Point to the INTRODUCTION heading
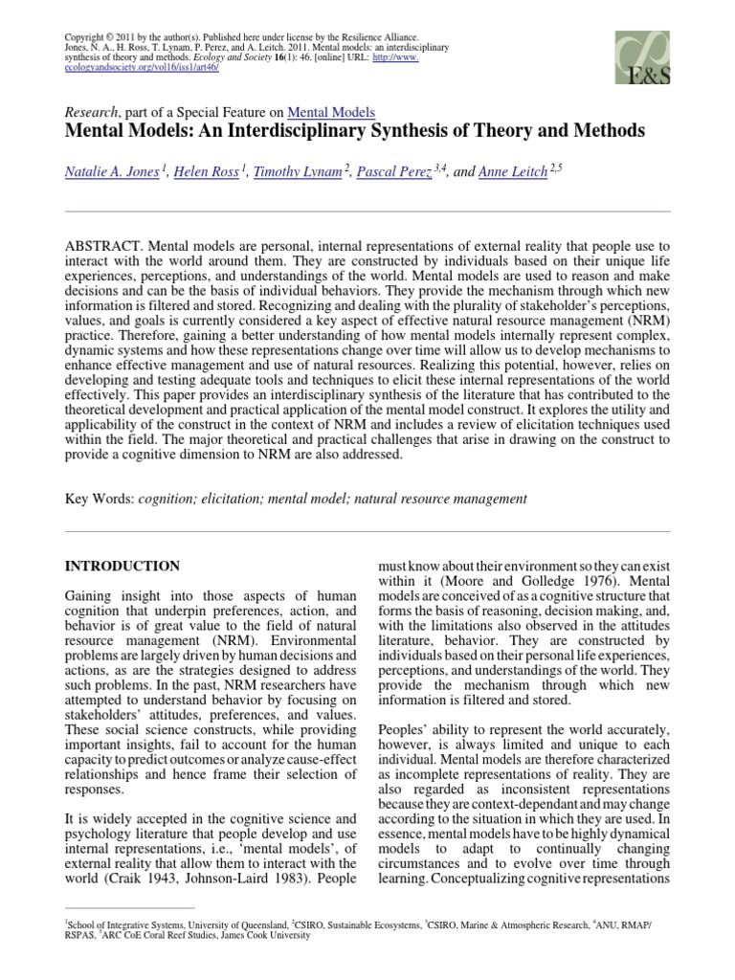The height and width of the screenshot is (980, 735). click(122, 567)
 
